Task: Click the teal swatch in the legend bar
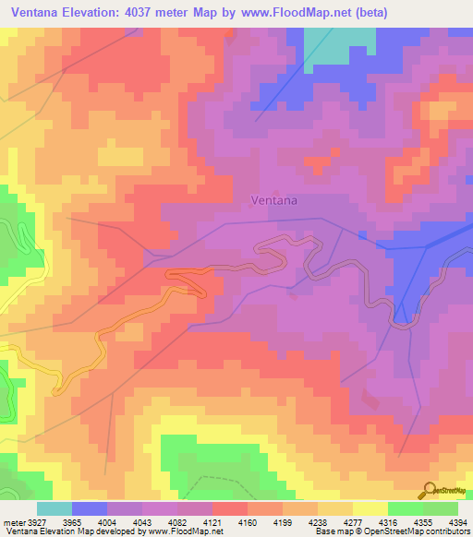pyautogui.click(x=54, y=508)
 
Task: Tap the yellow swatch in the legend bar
pyautogui.click(x=370, y=508)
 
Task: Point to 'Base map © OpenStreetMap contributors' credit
pyautogui.click(x=392, y=531)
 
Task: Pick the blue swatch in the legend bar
pyautogui.click(x=90, y=508)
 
